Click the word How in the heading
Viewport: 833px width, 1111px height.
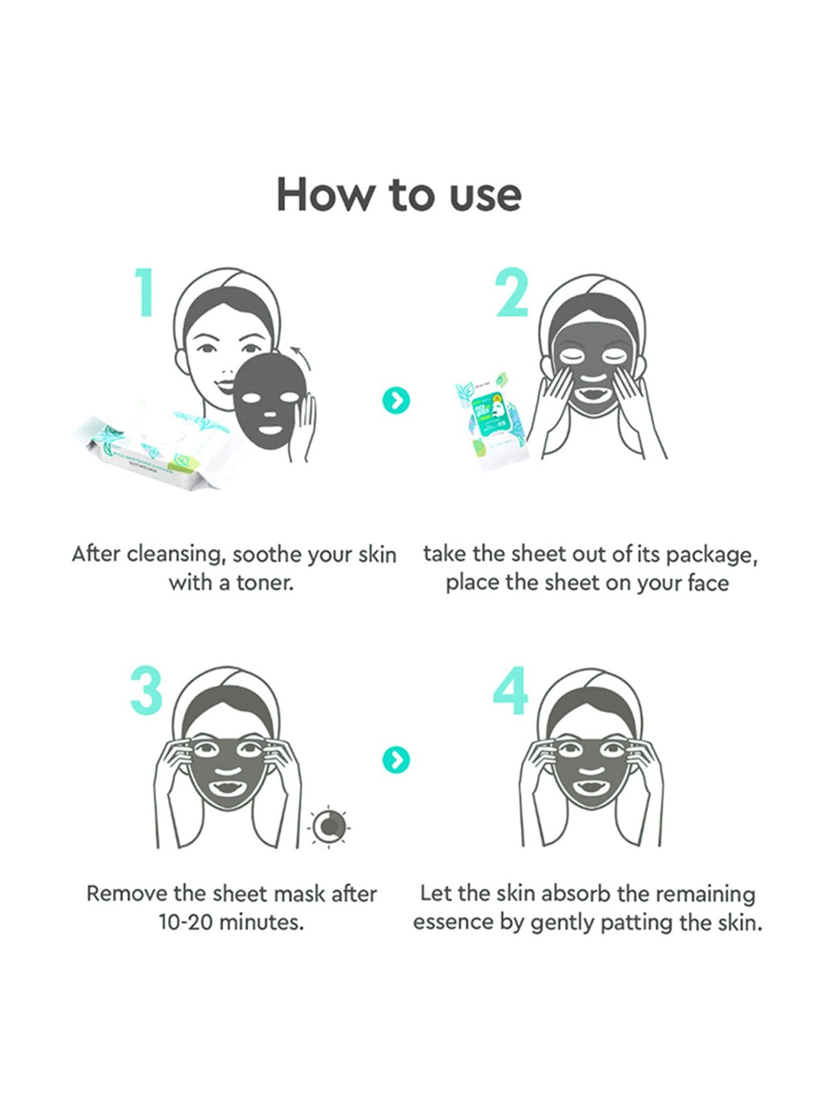[325, 196]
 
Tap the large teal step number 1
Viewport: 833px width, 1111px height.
[145, 293]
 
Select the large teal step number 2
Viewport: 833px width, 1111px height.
[511, 293]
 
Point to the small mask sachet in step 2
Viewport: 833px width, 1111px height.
[489, 419]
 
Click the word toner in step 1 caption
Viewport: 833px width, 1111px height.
[264, 584]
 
